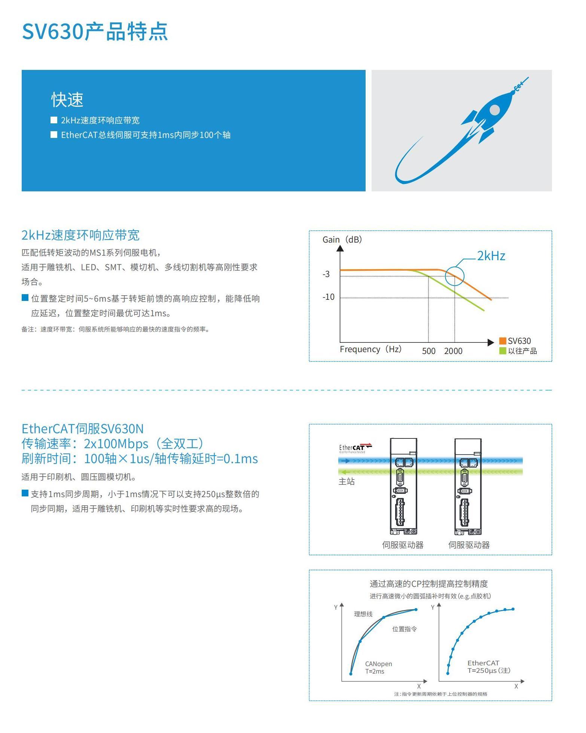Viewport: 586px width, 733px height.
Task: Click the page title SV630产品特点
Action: pyautogui.click(x=95, y=31)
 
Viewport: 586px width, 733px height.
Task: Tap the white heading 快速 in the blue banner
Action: pyautogui.click(x=67, y=99)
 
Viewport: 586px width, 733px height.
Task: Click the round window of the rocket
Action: pyautogui.click(x=495, y=110)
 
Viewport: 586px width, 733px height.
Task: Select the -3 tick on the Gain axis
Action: pyautogui.click(x=326, y=274)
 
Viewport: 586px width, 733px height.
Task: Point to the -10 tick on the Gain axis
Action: pyautogui.click(x=329, y=297)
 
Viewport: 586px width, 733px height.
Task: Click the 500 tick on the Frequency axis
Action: pyautogui.click(x=429, y=351)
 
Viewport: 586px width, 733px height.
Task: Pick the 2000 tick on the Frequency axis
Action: pyautogui.click(x=453, y=351)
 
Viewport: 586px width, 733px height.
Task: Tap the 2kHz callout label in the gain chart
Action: pyautogui.click(x=491, y=256)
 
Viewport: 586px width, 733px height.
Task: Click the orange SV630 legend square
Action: pyautogui.click(x=503, y=341)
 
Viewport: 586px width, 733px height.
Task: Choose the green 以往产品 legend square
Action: pyautogui.click(x=503, y=351)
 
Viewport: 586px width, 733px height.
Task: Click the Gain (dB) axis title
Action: pyautogui.click(x=342, y=240)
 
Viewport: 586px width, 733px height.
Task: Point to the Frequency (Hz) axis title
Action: pyautogui.click(x=370, y=349)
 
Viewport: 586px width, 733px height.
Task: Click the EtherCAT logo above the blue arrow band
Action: pyautogui.click(x=355, y=448)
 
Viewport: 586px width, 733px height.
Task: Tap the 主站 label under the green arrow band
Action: pyautogui.click(x=347, y=481)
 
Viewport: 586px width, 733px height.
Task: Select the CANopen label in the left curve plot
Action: pyautogui.click(x=379, y=664)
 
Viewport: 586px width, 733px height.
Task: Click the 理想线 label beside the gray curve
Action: pyautogui.click(x=363, y=614)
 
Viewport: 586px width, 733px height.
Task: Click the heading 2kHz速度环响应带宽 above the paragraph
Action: pyautogui.click(x=80, y=235)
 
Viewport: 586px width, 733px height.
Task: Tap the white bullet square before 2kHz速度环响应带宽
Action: pyautogui.click(x=54, y=120)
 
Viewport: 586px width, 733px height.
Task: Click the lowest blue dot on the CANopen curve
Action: pyautogui.click(x=351, y=674)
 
